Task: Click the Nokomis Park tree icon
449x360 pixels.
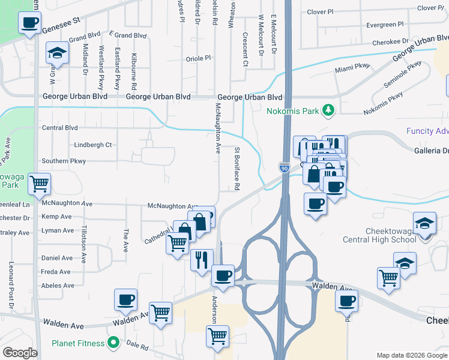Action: (x=328, y=110)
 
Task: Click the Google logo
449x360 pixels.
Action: (x=20, y=353)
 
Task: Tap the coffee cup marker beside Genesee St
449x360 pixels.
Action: (x=30, y=24)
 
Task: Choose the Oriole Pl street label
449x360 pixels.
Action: (x=198, y=58)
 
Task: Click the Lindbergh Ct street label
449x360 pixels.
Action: (x=92, y=145)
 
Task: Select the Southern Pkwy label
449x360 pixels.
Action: (x=64, y=161)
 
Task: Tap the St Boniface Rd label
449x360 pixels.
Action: (x=237, y=169)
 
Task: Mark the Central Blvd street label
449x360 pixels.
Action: (x=60, y=128)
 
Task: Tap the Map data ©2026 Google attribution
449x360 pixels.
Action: (x=411, y=354)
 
